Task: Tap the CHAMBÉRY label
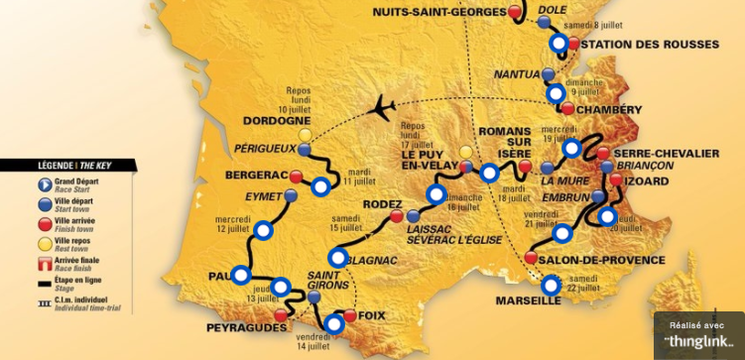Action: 610,109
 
